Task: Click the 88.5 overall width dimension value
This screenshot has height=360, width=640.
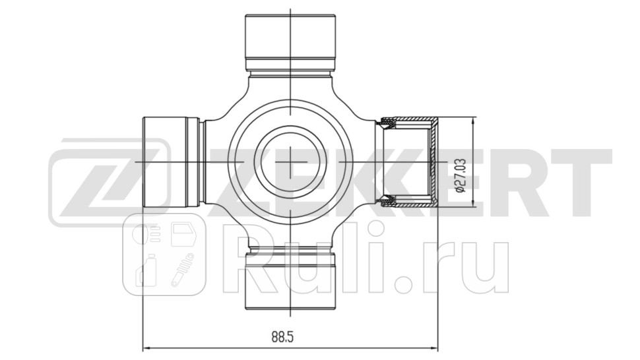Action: pyautogui.click(x=282, y=337)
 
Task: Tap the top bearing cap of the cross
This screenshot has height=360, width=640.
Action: pyautogui.click(x=290, y=36)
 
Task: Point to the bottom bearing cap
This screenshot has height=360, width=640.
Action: pyautogui.click(x=290, y=284)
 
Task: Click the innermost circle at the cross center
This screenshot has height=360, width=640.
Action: pyautogui.click(x=290, y=162)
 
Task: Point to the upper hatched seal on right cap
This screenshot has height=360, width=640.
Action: pyautogui.click(x=389, y=123)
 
